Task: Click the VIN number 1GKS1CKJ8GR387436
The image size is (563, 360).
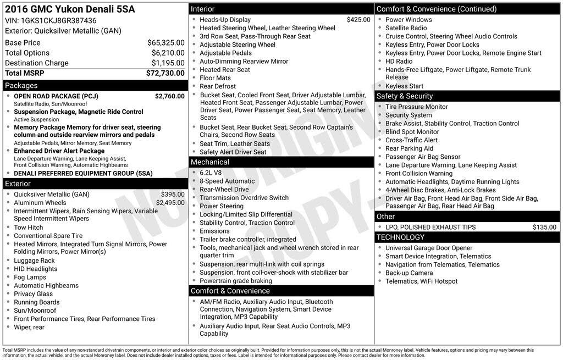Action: [x=58, y=20]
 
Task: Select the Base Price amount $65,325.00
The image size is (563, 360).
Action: [x=165, y=42]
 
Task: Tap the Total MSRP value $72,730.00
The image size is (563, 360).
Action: [x=165, y=73]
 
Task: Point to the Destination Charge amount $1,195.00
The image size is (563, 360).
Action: [x=168, y=63]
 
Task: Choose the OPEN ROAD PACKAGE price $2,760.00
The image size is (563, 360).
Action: [x=169, y=96]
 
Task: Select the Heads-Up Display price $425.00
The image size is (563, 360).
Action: [x=358, y=20]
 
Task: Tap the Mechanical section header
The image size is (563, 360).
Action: [x=209, y=162]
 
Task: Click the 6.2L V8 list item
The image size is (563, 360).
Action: [x=211, y=173]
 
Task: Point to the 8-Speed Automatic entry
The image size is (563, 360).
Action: [x=227, y=181]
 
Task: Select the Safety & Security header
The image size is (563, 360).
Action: [x=405, y=96]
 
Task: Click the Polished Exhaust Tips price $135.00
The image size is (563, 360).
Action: [x=544, y=227]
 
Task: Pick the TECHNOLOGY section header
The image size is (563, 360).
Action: [x=400, y=237]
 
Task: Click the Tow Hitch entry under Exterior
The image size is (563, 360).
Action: [x=28, y=228]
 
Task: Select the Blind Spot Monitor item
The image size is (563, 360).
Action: [x=412, y=132]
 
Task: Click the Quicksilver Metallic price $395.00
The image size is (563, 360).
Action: [x=173, y=195]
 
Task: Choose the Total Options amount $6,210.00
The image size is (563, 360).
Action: [x=168, y=53]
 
